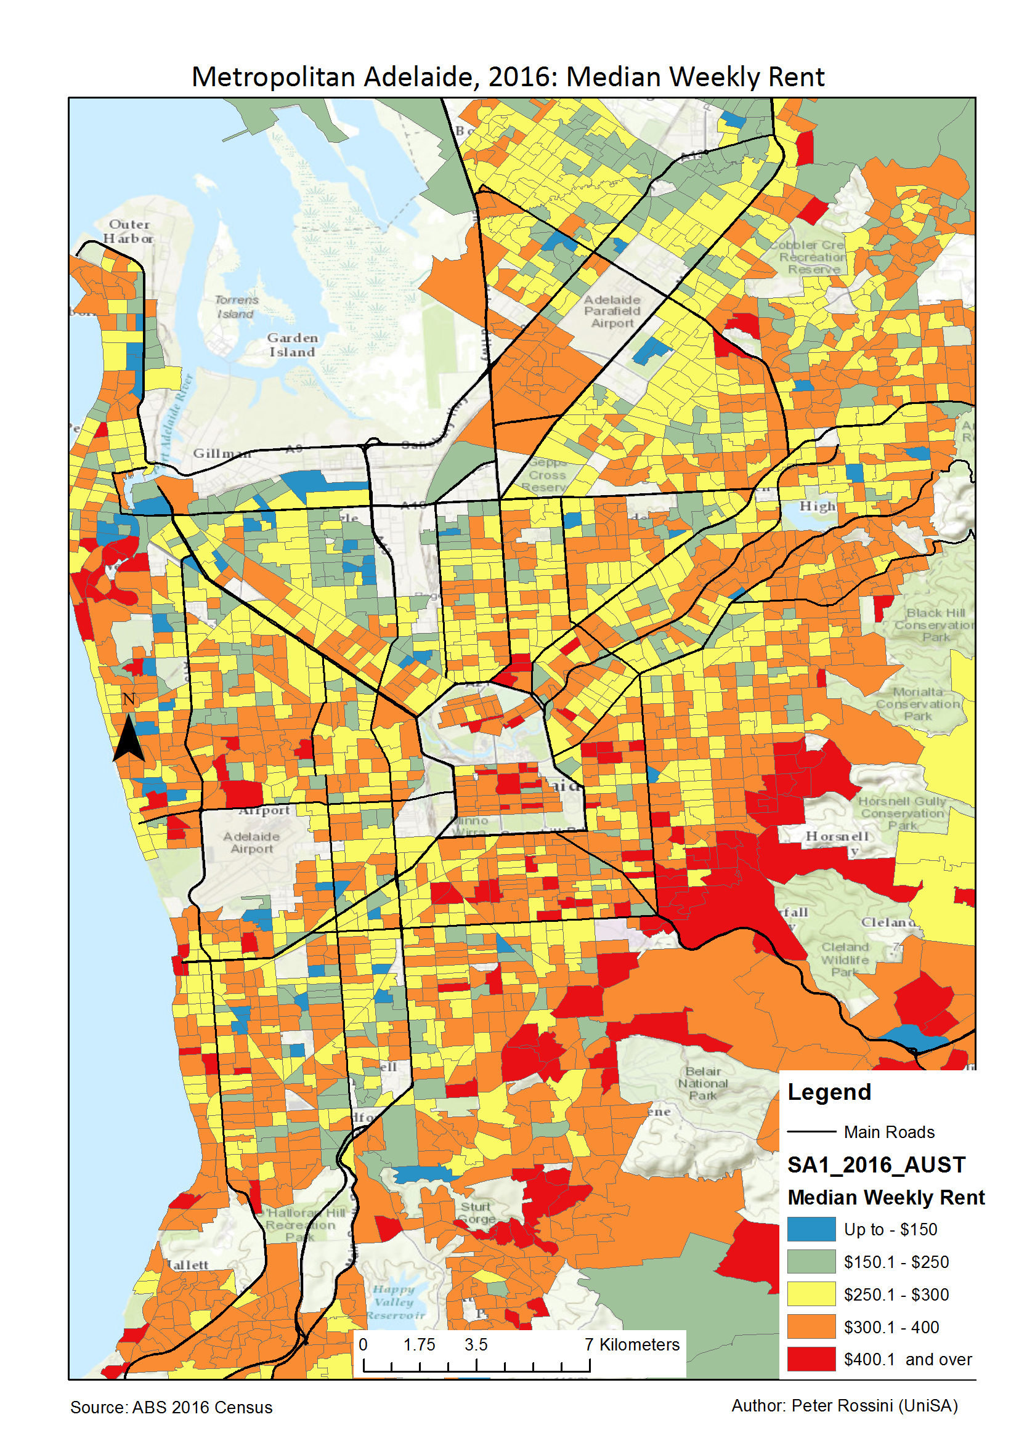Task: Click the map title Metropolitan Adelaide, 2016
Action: tap(507, 78)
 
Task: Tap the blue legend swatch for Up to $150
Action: tap(811, 1229)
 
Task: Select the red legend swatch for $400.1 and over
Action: tap(811, 1358)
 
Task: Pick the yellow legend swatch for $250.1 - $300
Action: tap(811, 1294)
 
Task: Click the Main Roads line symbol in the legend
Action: tap(811, 1132)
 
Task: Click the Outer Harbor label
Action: tap(129, 231)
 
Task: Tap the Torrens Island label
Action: tap(236, 307)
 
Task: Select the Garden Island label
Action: tap(292, 345)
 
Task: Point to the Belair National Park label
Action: tap(702, 1083)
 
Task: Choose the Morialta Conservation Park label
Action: tap(918, 703)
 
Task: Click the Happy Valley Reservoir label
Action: tap(396, 1302)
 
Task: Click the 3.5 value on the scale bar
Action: tap(476, 1344)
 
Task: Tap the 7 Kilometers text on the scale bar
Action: tap(631, 1344)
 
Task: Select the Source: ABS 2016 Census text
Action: tap(171, 1407)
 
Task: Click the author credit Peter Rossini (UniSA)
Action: tap(844, 1405)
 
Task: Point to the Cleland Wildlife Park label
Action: tap(845, 959)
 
